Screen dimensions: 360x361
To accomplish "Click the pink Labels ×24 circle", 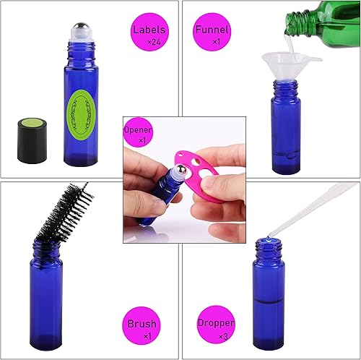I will pyautogui.click(x=150, y=35).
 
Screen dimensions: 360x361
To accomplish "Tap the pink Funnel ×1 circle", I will pyautogui.click(x=212, y=34).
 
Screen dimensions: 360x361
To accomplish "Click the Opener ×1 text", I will pyautogui.click(x=138, y=133).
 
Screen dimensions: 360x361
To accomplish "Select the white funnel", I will pyautogui.click(x=279, y=60).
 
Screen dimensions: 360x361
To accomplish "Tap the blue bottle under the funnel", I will pyautogui.click(x=284, y=130).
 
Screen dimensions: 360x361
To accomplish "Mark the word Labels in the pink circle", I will pyautogui.click(x=149, y=30).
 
